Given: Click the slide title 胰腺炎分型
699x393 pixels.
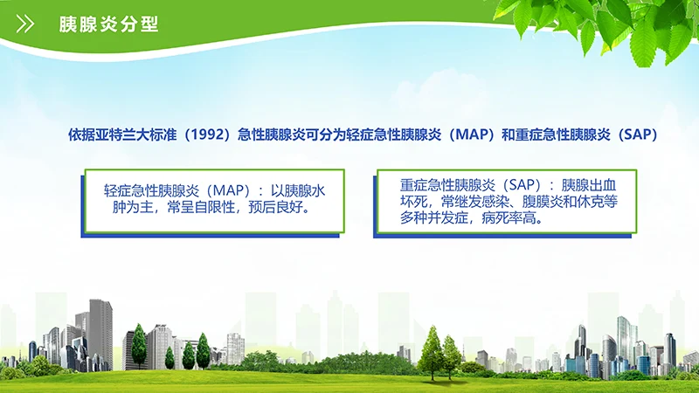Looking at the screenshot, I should point(107,24).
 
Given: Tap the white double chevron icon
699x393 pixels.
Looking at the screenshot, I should point(26,24).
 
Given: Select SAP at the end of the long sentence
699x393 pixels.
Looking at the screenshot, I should point(634,135).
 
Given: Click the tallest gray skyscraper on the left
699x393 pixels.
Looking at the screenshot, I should point(100,332).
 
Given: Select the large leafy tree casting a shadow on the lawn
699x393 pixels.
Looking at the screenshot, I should point(431,349).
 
